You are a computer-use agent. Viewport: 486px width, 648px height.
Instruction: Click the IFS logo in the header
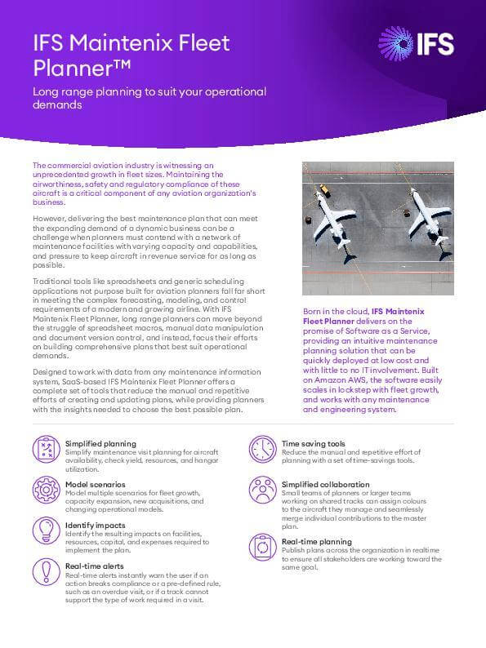(416, 42)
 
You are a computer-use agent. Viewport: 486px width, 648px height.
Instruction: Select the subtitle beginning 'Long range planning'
(149, 99)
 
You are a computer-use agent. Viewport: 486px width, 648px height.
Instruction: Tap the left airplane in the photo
(333, 215)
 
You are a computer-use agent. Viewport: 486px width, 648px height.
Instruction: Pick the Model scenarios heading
(96, 483)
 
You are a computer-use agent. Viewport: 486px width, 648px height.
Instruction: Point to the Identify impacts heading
(96, 525)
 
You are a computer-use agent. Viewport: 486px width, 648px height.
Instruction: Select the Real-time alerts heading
(95, 565)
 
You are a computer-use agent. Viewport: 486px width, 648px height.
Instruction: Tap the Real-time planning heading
(317, 541)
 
